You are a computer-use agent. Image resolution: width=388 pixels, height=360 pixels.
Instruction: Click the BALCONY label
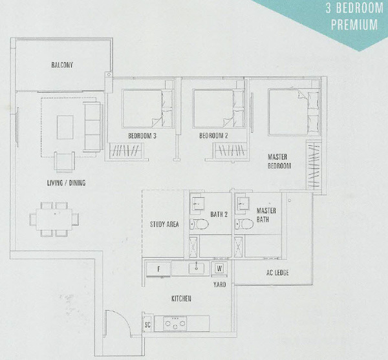click(x=62, y=65)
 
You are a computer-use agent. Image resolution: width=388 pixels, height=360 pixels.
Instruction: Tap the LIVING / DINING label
click(x=67, y=183)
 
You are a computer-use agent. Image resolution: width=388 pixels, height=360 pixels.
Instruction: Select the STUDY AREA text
click(x=164, y=224)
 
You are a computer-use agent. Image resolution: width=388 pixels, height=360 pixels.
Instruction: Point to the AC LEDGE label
click(x=277, y=273)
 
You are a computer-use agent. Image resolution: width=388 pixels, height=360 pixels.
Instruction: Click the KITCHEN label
click(x=181, y=299)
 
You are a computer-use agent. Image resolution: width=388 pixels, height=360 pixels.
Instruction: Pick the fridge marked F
click(x=158, y=269)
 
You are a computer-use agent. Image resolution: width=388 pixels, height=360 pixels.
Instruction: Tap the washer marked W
click(x=219, y=268)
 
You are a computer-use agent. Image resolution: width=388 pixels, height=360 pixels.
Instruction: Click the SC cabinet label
click(x=147, y=324)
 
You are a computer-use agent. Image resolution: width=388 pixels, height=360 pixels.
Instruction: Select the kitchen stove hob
click(x=175, y=324)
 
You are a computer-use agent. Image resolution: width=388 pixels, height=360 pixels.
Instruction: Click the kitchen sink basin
click(x=197, y=268)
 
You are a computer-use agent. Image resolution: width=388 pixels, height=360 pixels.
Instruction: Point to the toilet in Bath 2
click(x=199, y=224)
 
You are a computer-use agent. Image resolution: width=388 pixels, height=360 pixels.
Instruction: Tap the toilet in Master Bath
click(x=244, y=224)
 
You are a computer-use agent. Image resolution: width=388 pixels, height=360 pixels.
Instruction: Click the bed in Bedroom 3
click(x=147, y=109)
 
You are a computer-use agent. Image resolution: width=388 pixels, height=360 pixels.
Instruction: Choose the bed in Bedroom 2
click(x=219, y=109)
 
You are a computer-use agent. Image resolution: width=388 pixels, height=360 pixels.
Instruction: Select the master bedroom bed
click(x=294, y=112)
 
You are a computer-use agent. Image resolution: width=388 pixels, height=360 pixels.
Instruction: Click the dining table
click(x=54, y=220)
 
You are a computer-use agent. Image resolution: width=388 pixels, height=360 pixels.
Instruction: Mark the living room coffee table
click(x=65, y=127)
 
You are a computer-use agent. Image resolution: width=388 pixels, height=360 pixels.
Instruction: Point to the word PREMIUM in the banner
click(x=354, y=24)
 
